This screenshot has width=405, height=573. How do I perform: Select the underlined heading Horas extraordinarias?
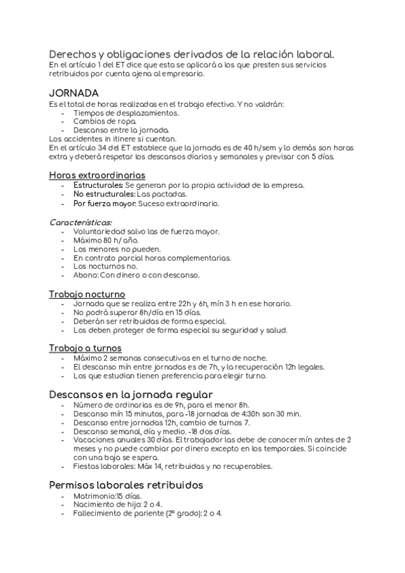(x=96, y=174)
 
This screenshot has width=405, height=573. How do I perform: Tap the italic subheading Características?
(x=81, y=221)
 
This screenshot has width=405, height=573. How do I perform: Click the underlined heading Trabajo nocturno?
(x=87, y=294)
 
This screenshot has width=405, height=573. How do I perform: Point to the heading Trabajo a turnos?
(x=85, y=347)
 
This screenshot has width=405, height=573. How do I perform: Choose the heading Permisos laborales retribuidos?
(x=126, y=484)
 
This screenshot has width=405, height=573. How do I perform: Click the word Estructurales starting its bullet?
(x=98, y=184)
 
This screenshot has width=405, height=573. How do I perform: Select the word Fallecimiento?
(x=99, y=513)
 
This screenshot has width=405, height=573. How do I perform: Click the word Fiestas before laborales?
(x=85, y=466)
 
